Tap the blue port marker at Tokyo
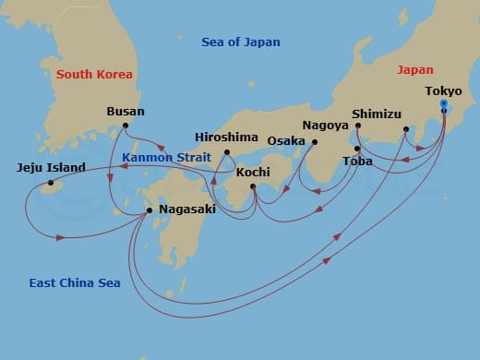[x=444, y=105]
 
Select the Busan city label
[x=126, y=112]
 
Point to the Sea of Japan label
[x=240, y=42]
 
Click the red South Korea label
[x=94, y=74]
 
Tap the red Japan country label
[x=414, y=69]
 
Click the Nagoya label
[x=325, y=125]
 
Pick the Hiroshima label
[x=227, y=137]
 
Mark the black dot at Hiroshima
[x=227, y=152]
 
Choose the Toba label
[x=358, y=161]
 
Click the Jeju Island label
[x=51, y=168]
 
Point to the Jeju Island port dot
[x=51, y=183]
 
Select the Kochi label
[x=253, y=172]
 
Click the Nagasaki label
[x=186, y=210]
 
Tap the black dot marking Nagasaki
[x=150, y=210]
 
